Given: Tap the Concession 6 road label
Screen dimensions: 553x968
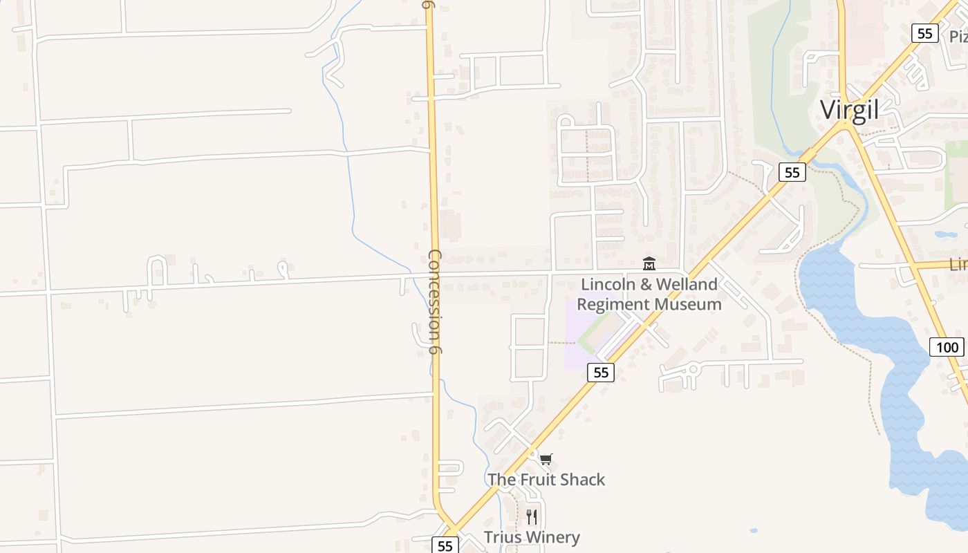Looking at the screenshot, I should pos(435,301).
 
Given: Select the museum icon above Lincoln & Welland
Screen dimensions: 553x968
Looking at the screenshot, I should pos(649,263).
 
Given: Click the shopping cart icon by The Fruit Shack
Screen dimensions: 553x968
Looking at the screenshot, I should pos(546,460).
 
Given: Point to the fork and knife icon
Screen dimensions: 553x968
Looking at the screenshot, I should pos(532,517).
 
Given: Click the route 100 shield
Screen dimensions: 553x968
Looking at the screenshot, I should pos(946,347).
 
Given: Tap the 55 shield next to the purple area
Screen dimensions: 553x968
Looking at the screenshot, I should pos(601,373).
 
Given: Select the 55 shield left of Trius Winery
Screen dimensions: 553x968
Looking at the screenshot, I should pos(445,545).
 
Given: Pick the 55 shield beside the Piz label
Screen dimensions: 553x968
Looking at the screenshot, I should pos(924,33).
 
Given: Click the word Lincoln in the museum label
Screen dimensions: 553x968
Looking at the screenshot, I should pos(606,284).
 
